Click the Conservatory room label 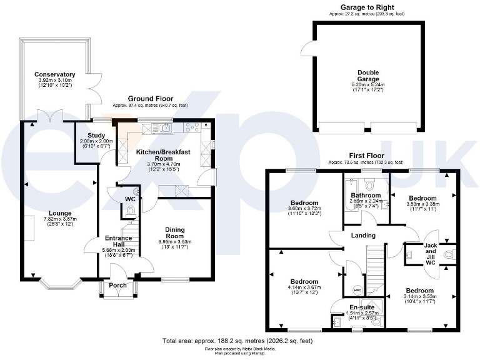[55, 74]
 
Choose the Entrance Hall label [118, 243]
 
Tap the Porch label [117, 286]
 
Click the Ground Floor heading [150, 99]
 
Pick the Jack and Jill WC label [430, 252]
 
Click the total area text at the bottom [237, 341]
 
